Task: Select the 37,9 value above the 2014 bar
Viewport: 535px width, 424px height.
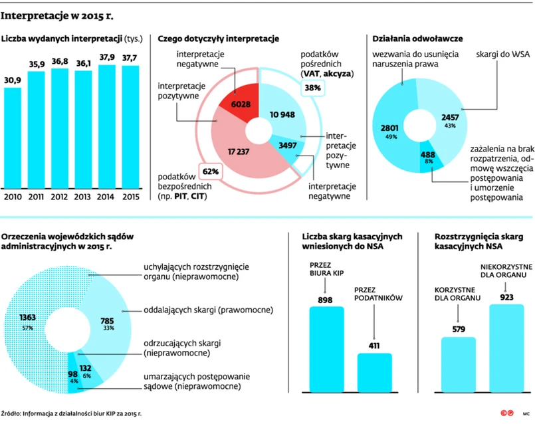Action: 107,56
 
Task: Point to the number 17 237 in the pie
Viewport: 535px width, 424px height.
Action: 238,152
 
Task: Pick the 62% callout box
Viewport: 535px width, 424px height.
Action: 209,170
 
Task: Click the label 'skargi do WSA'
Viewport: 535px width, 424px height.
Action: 500,56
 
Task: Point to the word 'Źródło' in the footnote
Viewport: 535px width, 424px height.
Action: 11,413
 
